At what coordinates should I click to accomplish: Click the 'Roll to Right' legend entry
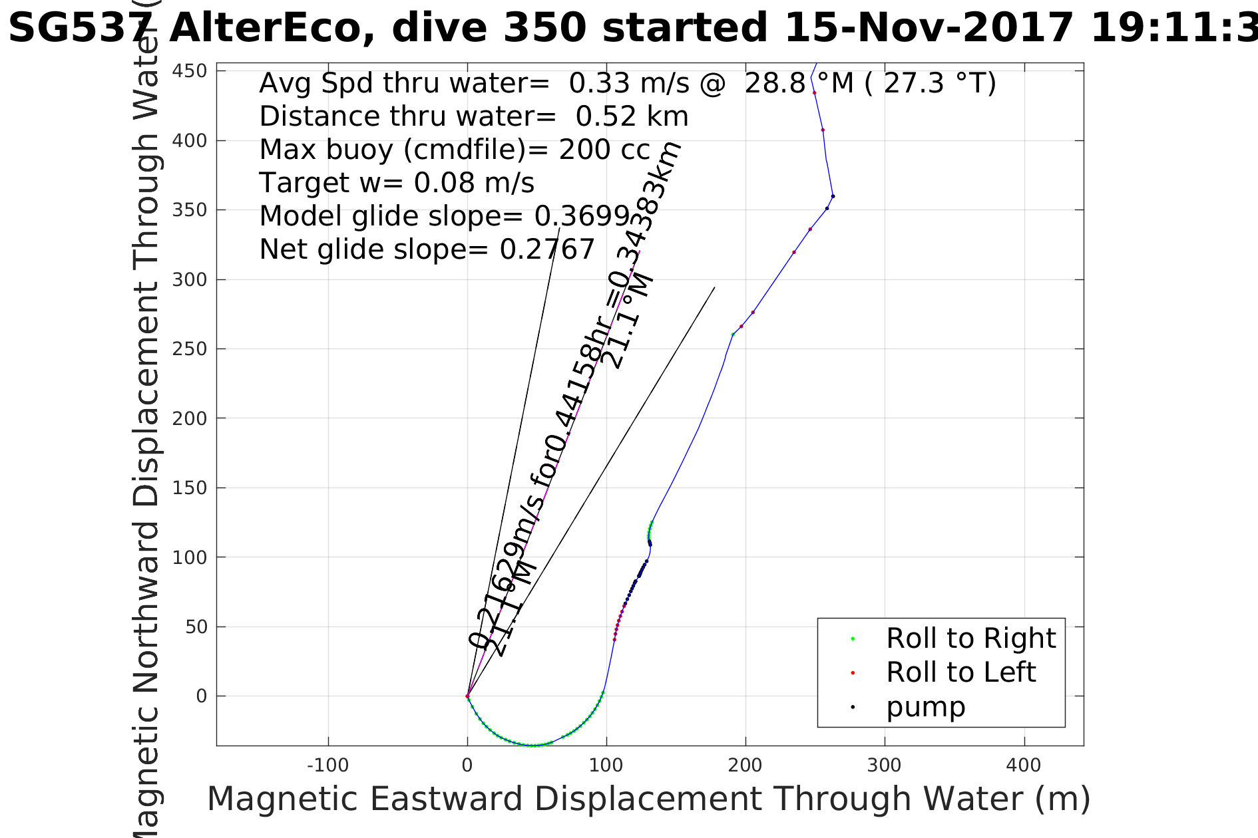(x=970, y=638)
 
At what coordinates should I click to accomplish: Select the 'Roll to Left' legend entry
(x=960, y=672)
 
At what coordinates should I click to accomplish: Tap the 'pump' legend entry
(x=925, y=707)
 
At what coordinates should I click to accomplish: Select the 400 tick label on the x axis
(x=1024, y=766)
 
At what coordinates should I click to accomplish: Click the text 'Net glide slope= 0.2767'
(x=427, y=249)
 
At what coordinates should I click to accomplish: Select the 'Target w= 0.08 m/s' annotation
(x=397, y=183)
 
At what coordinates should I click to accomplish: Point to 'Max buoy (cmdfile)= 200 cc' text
(x=455, y=150)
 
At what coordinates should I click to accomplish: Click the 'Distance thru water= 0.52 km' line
(x=473, y=116)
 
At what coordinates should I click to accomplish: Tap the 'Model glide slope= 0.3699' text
(x=444, y=216)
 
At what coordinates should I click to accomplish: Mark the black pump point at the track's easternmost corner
(x=833, y=196)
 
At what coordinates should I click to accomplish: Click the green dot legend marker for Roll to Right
(x=853, y=639)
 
